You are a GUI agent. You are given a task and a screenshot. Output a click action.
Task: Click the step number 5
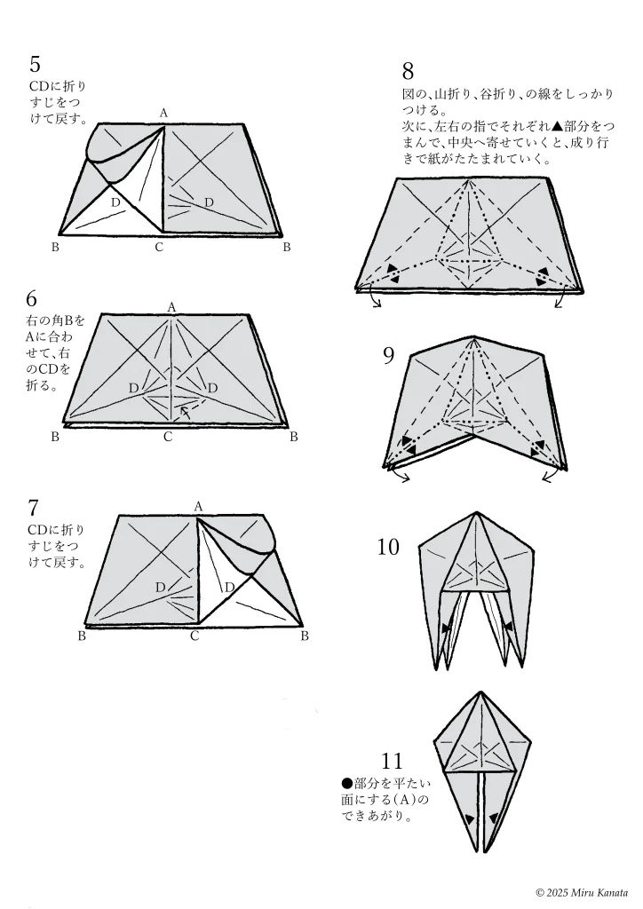click(x=35, y=64)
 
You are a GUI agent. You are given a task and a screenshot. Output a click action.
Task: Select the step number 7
click(x=34, y=508)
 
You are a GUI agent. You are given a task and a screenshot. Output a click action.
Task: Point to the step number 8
click(x=408, y=71)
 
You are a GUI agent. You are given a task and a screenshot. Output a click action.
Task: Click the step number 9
click(x=388, y=355)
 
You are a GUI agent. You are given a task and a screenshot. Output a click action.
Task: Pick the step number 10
click(x=388, y=547)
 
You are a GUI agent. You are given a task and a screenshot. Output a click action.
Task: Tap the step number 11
click(x=392, y=761)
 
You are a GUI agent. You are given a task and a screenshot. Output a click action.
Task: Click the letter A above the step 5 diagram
click(x=163, y=113)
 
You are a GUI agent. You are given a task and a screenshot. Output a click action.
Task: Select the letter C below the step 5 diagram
click(x=158, y=248)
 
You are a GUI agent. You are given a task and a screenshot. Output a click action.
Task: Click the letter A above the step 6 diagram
click(x=171, y=306)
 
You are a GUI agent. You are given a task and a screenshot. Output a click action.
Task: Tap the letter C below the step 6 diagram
click(x=168, y=437)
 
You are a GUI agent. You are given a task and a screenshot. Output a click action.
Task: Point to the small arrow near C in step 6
click(x=185, y=412)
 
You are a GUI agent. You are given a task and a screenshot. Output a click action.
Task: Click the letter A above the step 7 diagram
click(x=198, y=506)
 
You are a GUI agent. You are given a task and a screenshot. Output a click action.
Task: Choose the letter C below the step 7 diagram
click(x=194, y=636)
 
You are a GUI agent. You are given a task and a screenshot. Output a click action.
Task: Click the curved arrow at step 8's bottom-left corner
click(x=373, y=299)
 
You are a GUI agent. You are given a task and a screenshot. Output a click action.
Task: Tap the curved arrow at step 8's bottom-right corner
click(x=560, y=299)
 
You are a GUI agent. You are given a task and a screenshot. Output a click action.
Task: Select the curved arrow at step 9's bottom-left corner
click(x=401, y=474)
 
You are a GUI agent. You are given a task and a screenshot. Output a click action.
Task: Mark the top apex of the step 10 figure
click(x=477, y=512)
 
